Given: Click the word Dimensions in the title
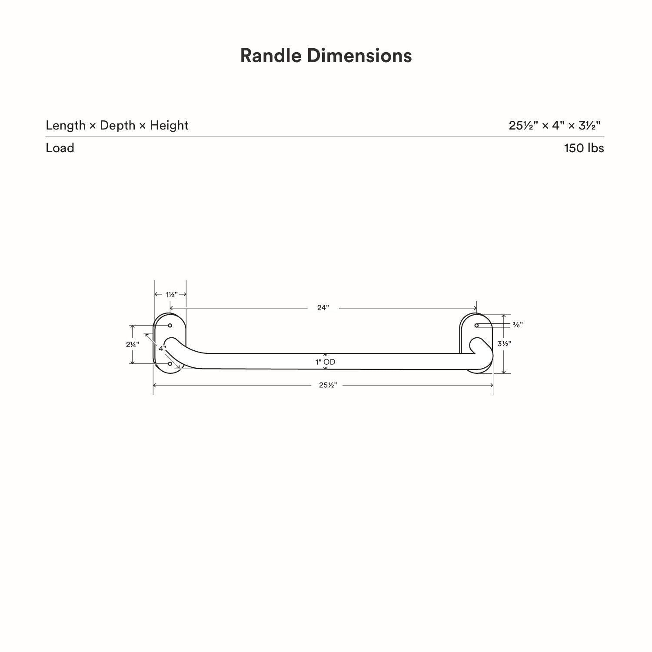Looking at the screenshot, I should (x=359, y=56).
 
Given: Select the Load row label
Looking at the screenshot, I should (x=60, y=148).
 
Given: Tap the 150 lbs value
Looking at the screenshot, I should (x=584, y=148).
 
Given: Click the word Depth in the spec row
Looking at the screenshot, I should (x=117, y=125).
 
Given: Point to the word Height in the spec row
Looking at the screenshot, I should (x=169, y=125).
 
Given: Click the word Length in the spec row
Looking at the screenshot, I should (x=66, y=125).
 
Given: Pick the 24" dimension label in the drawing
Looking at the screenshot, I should (x=323, y=308).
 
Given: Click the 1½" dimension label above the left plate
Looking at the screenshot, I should (x=171, y=294).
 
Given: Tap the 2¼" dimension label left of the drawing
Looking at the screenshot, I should (x=133, y=344).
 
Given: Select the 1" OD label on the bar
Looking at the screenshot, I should (x=326, y=362).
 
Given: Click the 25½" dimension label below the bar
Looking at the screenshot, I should (x=328, y=385).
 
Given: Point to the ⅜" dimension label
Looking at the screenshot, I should (x=517, y=325).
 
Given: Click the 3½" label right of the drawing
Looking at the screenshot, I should (x=504, y=343).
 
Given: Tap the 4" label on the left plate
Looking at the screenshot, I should (x=162, y=349).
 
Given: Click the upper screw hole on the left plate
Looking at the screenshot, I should (x=170, y=325).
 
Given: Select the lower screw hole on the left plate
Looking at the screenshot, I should (x=170, y=363).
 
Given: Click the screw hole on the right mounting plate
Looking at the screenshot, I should (x=476, y=325).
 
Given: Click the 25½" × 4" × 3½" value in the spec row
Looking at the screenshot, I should (x=555, y=125).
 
